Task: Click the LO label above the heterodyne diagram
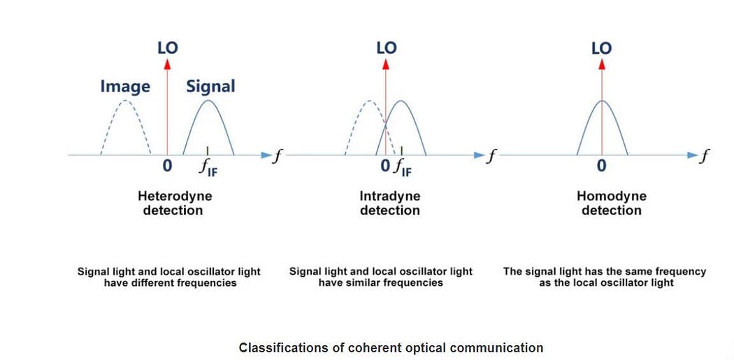(x=167, y=48)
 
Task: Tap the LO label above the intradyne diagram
(x=386, y=48)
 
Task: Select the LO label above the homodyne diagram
(x=601, y=48)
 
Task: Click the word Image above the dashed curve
(x=125, y=87)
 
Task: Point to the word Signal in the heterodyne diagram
(x=210, y=87)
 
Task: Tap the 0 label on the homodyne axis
(x=601, y=166)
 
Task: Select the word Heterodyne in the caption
(x=175, y=196)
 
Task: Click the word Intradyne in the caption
(x=390, y=196)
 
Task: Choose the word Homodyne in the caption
(x=612, y=196)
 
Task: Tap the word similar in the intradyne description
(x=366, y=283)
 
